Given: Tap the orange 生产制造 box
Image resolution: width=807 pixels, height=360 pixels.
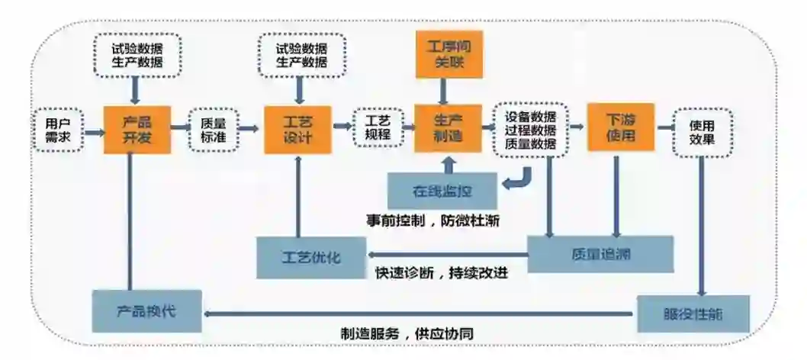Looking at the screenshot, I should [x=449, y=127].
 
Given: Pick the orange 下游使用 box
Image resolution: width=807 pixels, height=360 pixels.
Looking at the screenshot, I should [x=621, y=127].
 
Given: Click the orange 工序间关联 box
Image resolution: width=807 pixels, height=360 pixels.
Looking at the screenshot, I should [x=449, y=55].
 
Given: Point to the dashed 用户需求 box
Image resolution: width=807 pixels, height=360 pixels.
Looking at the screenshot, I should [x=58, y=130].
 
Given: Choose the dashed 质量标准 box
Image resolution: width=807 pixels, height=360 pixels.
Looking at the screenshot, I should [x=213, y=129].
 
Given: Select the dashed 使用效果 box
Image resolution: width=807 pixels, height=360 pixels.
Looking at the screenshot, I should [x=703, y=131].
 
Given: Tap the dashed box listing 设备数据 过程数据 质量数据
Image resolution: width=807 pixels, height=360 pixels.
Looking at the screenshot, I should [x=531, y=130].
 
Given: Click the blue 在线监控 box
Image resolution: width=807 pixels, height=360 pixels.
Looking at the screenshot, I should [x=442, y=191].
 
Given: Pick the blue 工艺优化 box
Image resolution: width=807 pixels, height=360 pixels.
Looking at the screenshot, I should [x=311, y=257].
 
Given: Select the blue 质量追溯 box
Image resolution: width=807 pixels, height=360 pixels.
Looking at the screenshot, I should [x=601, y=253].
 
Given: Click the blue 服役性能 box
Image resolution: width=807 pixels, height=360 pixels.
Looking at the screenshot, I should [x=693, y=313].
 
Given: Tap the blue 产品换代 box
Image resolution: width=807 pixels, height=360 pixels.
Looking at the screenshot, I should [x=147, y=310].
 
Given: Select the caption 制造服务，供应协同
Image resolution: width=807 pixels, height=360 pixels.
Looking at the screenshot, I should [x=417, y=333].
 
